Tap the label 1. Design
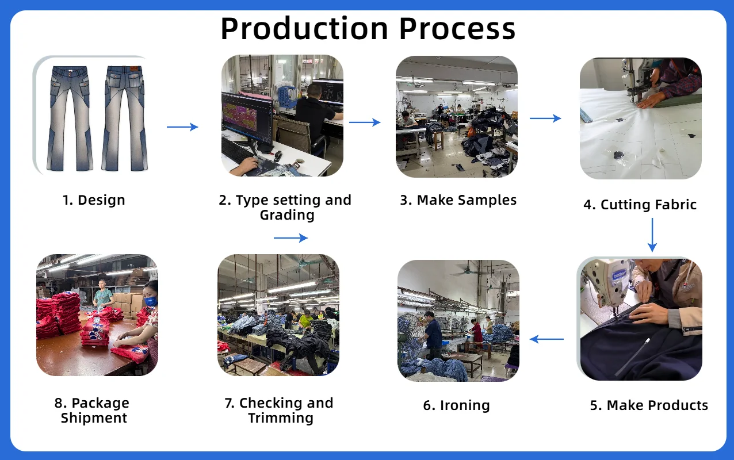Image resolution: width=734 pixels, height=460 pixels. point(94,200)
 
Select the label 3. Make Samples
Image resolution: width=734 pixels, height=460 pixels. point(458,200)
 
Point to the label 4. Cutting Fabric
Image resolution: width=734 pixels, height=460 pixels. point(640,205)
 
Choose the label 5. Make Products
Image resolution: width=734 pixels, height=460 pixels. point(649,405)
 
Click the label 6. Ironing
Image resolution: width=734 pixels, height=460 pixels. point(457,405)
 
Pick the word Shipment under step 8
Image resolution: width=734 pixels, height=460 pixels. point(94,418)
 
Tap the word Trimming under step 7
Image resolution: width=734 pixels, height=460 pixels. point(281,418)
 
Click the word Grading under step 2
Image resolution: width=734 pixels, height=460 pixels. point(287,215)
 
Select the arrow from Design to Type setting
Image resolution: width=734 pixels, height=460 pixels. point(182,127)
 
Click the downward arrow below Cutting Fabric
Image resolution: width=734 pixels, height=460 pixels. point(652,235)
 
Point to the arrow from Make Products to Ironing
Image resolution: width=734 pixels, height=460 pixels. point(546,339)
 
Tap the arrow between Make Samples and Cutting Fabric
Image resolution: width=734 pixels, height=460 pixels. point(545,118)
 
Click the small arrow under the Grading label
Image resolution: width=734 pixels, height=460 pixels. point(290,238)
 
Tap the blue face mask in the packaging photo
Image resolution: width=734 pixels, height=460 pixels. point(151,301)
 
